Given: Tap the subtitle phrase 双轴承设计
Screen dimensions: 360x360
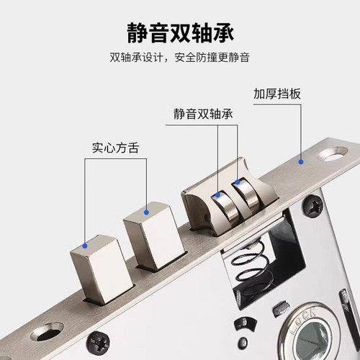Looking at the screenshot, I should point(138,58).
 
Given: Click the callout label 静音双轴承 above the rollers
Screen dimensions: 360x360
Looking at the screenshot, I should point(202,114).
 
